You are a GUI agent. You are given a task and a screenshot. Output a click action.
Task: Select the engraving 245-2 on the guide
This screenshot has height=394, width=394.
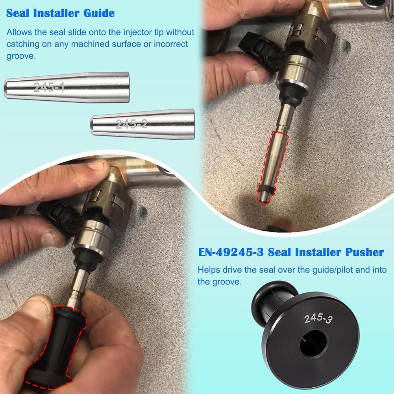(131, 125)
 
